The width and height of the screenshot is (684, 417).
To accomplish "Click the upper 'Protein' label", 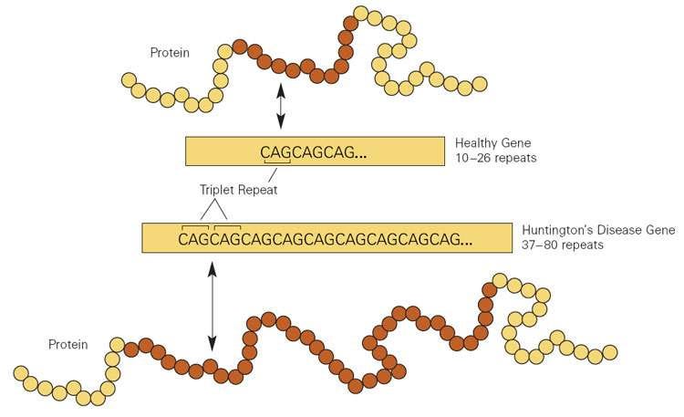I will click(170, 53).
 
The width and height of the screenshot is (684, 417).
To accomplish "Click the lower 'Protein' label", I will click(67, 344).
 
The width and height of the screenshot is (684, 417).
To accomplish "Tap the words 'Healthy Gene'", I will click(492, 143).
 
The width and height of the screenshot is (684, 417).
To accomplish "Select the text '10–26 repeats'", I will click(495, 159).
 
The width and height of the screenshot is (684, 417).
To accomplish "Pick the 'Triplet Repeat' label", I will click(237, 190).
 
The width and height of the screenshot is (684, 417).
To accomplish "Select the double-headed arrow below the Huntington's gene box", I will click(212, 306).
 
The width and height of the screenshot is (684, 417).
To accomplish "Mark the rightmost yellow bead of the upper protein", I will click(480, 86).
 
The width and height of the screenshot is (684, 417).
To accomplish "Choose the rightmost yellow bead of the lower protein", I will click(609, 352).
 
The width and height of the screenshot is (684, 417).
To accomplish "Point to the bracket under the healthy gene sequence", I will click(276, 163).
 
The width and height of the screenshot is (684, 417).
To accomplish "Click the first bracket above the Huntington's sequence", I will click(195, 225).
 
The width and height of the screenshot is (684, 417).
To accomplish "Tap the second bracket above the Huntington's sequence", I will click(227, 225).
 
